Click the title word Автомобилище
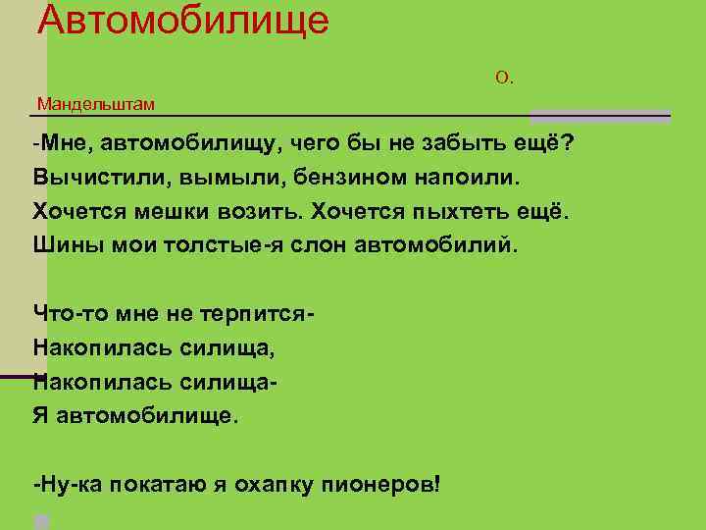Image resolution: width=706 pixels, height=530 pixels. [x=183, y=19]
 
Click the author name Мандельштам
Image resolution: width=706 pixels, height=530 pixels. [x=96, y=103]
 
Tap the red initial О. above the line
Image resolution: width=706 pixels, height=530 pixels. [x=504, y=78]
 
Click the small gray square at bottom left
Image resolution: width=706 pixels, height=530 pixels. [x=41, y=521]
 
